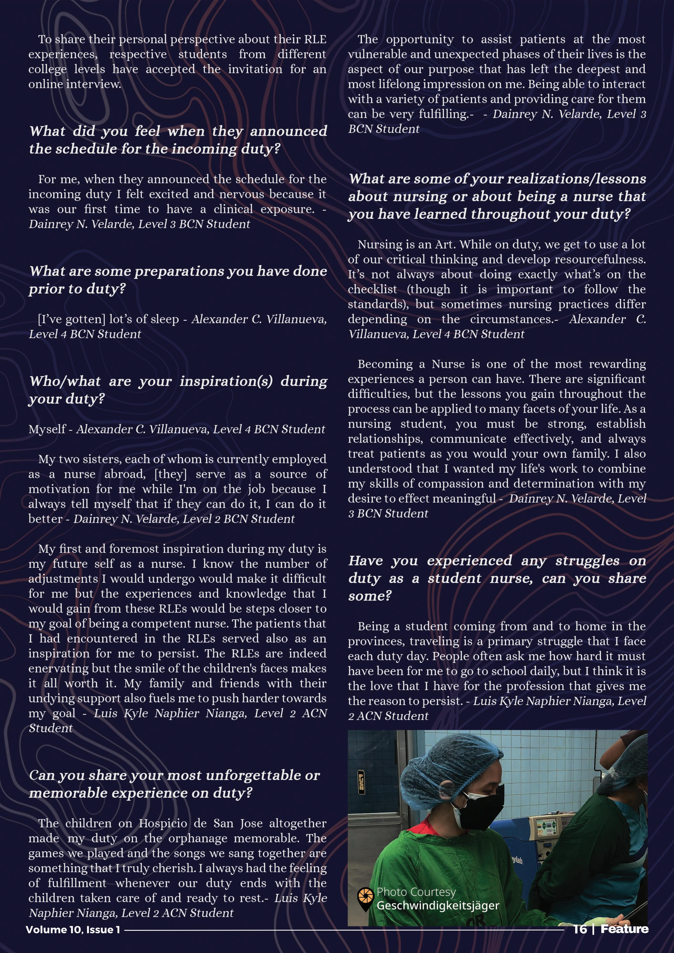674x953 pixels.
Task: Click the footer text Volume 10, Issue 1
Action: coord(73,930)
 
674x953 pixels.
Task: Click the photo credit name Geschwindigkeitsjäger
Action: coord(438,905)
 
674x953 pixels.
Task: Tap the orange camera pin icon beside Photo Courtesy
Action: coord(365,898)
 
